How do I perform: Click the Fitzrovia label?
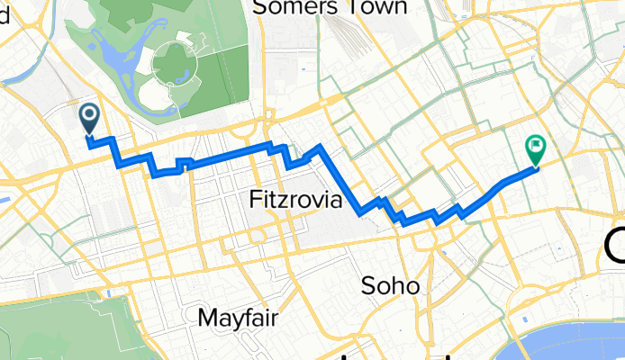click(x=294, y=201)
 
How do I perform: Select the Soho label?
click(x=390, y=286)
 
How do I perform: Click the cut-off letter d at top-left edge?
click(x=4, y=8)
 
